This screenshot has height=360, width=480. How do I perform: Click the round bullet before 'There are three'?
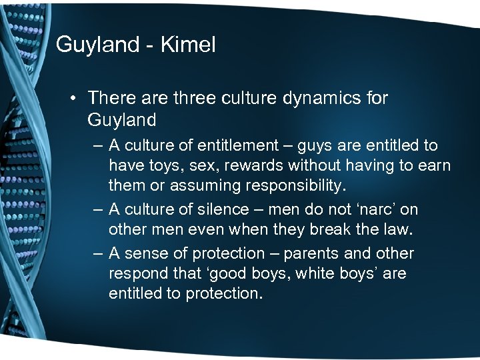74,99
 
